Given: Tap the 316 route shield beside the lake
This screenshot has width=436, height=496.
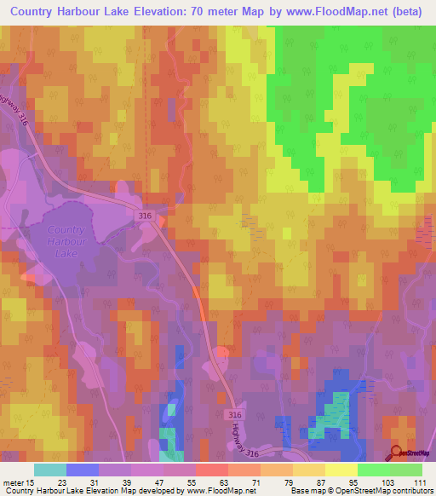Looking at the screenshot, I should [x=145, y=217].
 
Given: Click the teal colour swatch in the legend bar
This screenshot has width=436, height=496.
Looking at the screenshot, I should [x=50, y=470].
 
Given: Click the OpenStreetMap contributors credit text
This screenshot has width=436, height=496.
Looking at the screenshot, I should [x=383, y=491].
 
